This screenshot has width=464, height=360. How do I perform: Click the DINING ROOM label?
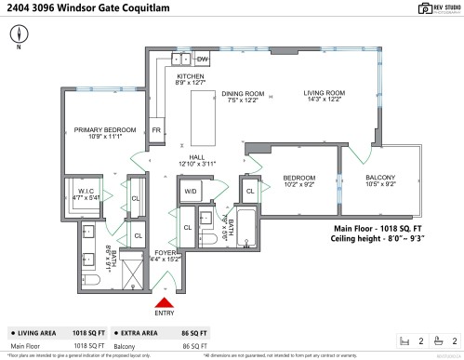pos(244,96)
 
